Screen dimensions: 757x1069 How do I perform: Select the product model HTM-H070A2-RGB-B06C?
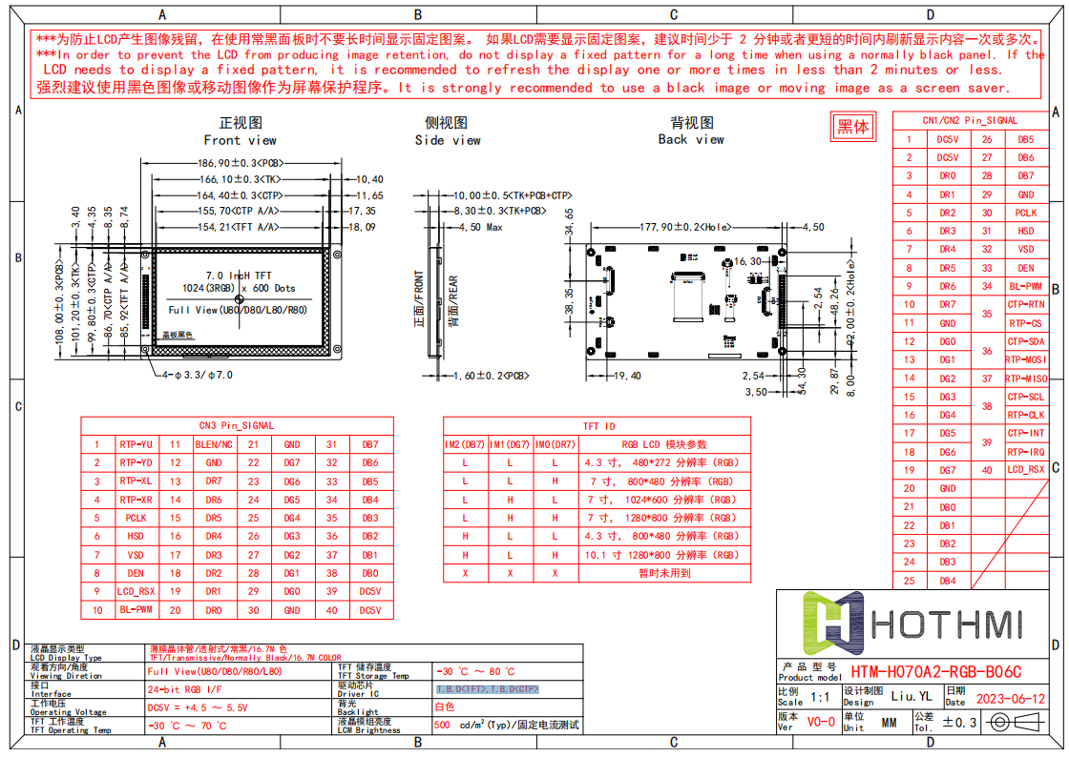coord(935,672)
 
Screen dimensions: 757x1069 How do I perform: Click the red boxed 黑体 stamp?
coord(852,127)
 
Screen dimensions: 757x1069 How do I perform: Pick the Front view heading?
coord(241,132)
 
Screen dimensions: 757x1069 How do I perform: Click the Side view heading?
coord(447,132)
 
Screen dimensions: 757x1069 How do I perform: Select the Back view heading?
coord(691,131)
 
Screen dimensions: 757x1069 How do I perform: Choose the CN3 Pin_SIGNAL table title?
coord(236,425)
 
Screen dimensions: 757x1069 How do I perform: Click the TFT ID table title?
coord(598,426)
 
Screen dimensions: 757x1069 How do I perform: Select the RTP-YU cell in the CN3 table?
coord(136,444)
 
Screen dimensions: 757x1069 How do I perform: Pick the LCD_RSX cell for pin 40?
coord(1026,470)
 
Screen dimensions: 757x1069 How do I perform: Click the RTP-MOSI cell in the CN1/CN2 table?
coord(1026,359)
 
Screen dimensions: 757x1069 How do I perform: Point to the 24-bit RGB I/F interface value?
coord(185,689)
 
